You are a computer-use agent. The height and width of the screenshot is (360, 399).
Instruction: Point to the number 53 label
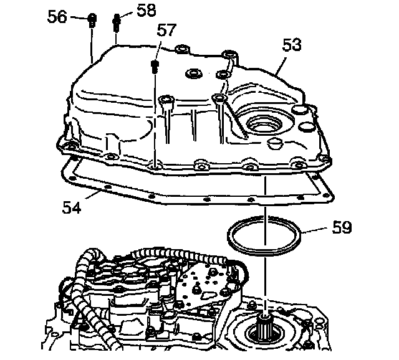click(291, 44)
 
